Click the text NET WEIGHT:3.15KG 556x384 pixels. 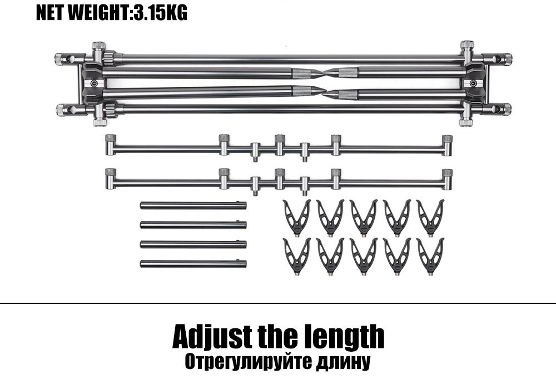pyautogui.click(x=111, y=13)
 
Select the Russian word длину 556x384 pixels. pyautogui.click(x=341, y=362)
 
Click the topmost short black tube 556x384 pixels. pyautogui.click(x=193, y=205)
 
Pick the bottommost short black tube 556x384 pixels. pyautogui.click(x=193, y=263)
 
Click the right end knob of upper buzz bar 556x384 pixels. pyautogui.click(x=446, y=139)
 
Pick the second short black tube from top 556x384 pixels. pyautogui.click(x=193, y=224)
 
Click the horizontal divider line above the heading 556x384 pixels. pyautogui.click(x=278, y=303)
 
